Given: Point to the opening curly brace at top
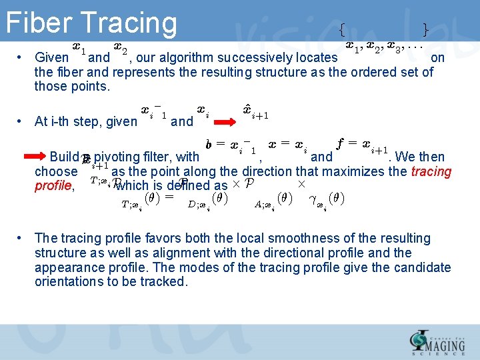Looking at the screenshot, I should (342, 29).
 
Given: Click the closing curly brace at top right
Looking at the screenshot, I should (425, 29).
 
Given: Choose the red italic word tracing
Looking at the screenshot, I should (431, 171).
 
